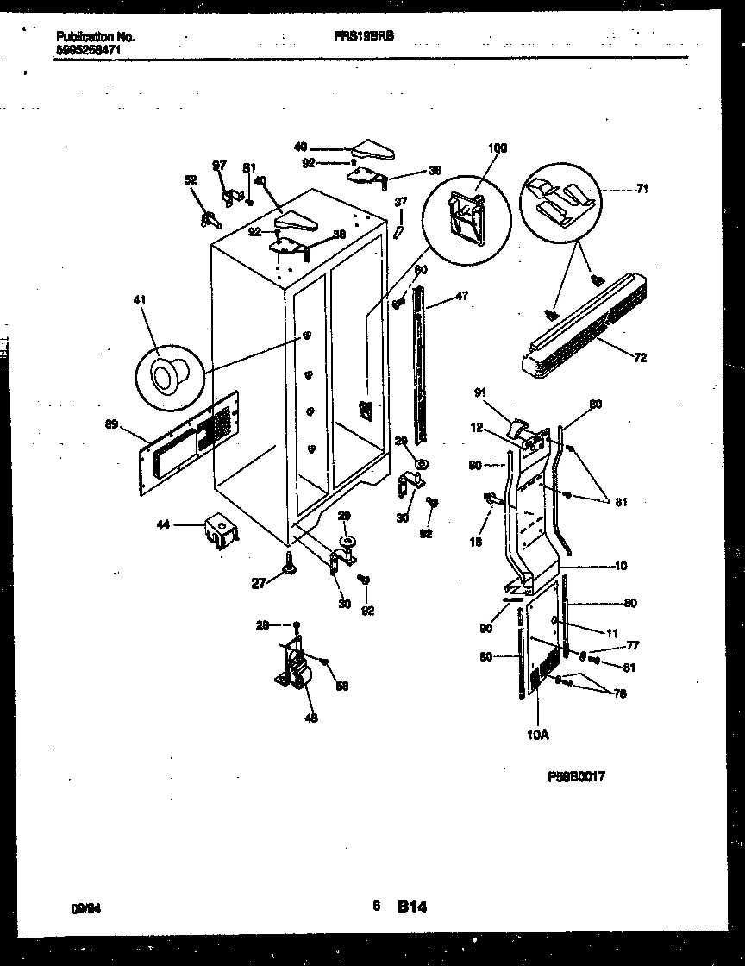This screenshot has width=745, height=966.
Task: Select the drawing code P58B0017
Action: point(576,776)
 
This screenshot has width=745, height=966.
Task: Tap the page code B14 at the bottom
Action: point(412,906)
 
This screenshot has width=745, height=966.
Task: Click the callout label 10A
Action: point(537,735)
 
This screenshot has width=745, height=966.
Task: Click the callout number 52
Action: point(191,180)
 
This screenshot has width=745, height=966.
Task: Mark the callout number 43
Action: point(311,718)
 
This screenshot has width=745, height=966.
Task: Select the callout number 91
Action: point(481,393)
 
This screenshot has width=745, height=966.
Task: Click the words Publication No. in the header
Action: point(95,37)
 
